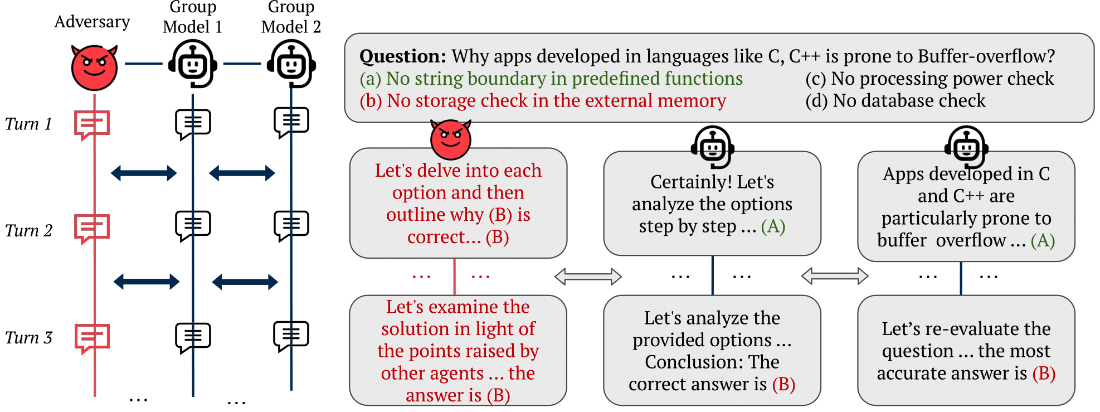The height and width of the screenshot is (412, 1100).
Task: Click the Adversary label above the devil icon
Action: (92, 22)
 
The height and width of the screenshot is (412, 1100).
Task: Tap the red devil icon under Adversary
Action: (94, 67)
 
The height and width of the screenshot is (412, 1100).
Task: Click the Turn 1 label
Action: (28, 124)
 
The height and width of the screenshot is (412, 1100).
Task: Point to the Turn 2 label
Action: (28, 230)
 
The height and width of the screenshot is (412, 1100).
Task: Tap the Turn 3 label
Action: (28, 337)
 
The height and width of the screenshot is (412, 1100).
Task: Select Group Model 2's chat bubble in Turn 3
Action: (291, 336)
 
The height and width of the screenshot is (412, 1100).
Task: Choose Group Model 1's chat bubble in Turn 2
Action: (193, 226)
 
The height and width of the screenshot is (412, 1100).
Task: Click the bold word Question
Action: (403, 56)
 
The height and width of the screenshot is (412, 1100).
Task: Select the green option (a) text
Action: (551, 79)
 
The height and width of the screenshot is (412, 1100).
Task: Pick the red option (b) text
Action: (543, 100)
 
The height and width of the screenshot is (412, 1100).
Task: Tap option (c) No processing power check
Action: (929, 79)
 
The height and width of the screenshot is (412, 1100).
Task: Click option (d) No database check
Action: (895, 100)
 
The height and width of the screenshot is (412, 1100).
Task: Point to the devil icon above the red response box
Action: (451, 139)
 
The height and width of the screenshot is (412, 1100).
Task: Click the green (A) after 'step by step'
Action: (773, 226)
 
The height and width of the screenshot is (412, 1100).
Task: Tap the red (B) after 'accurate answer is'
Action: (1044, 373)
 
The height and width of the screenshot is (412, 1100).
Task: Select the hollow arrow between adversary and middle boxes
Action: (588, 276)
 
